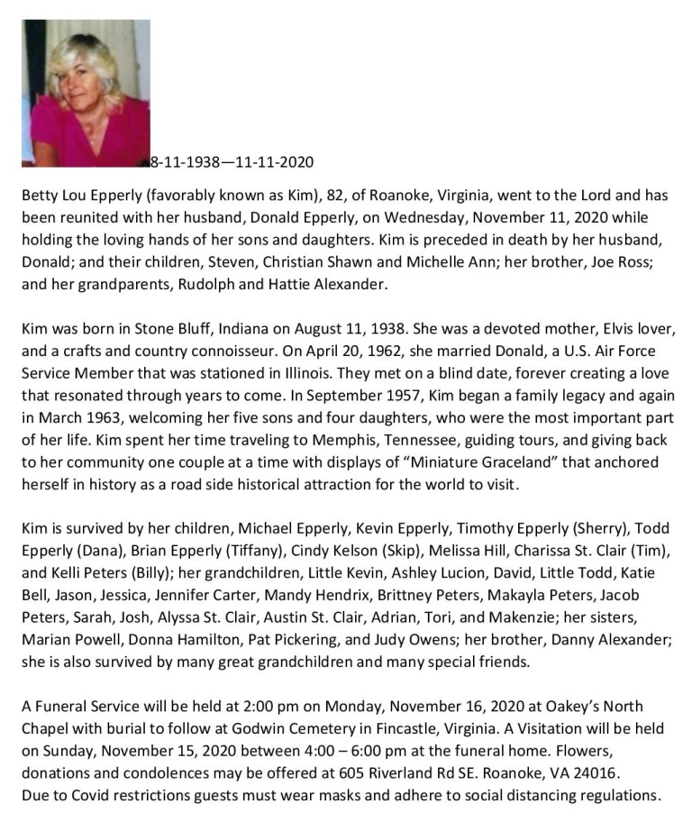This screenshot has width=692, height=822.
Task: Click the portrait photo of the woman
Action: coord(86,93)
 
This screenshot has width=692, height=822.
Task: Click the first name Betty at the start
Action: coord(40,196)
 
